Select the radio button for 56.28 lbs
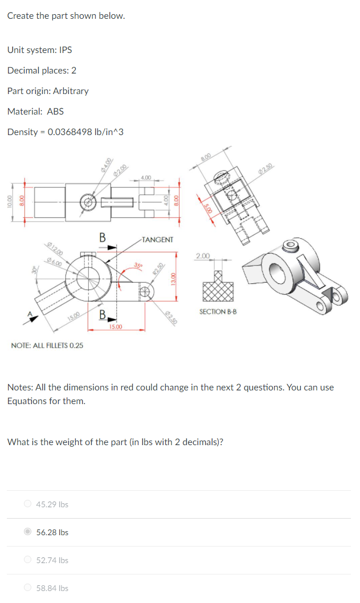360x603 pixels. (27, 532)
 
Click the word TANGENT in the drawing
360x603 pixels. (157, 240)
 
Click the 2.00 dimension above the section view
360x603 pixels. (202, 255)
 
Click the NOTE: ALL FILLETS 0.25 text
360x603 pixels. (47, 345)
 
